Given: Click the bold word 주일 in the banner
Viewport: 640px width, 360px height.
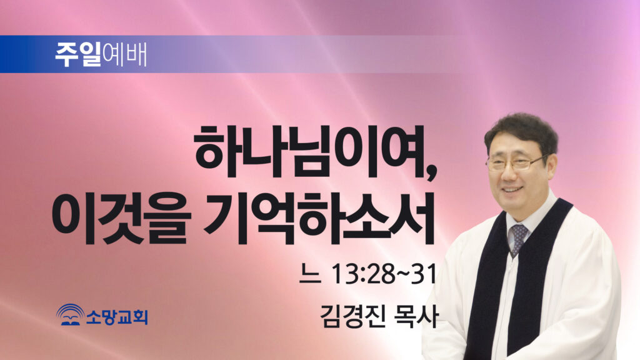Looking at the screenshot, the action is [x=78, y=54].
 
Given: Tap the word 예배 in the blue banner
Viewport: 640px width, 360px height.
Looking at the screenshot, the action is [x=124, y=54].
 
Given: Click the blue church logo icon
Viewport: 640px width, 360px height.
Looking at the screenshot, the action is [x=70, y=315].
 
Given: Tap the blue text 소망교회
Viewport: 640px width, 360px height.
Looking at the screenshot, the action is [x=117, y=316].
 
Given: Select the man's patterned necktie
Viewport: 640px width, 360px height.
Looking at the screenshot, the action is [x=518, y=238].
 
